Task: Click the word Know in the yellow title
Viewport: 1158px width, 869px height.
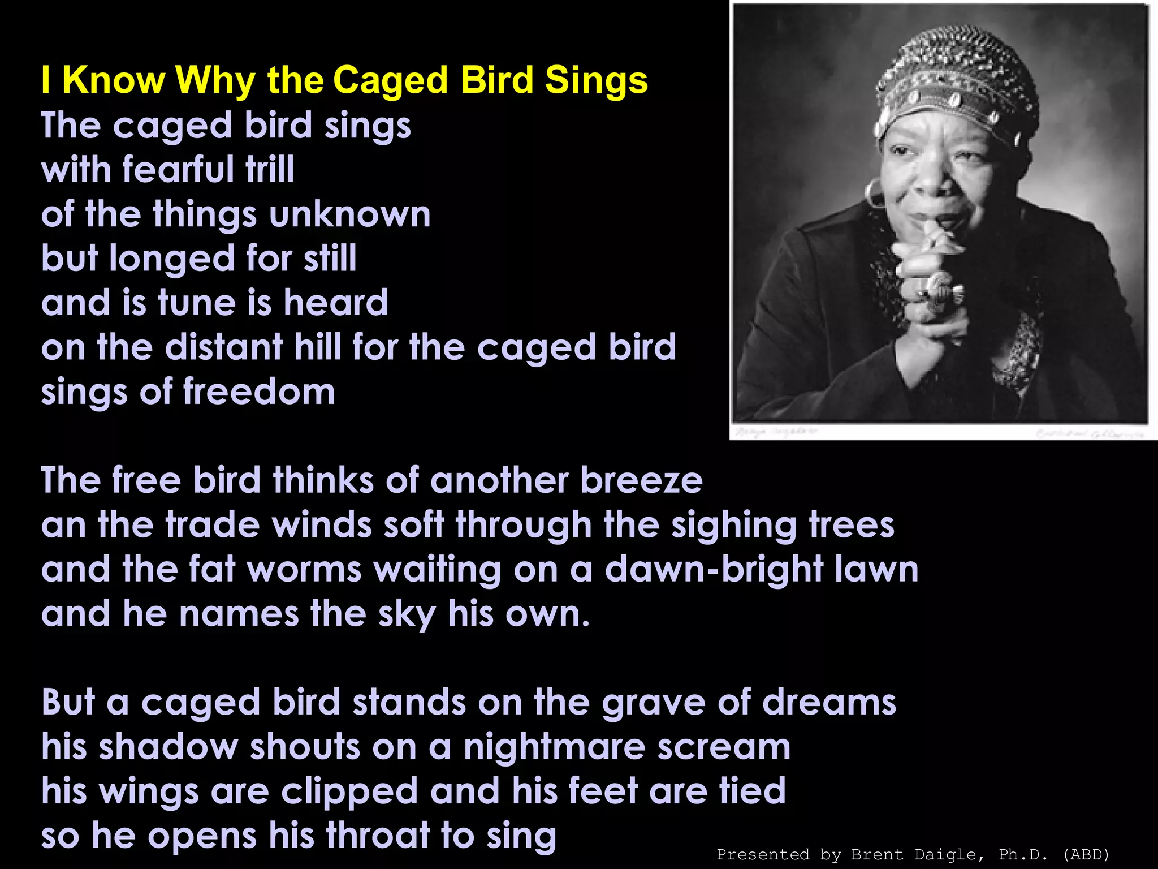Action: [113, 80]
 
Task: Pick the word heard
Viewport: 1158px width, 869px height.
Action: [336, 303]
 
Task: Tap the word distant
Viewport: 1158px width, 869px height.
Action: [223, 347]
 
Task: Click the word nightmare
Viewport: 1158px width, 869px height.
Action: [554, 747]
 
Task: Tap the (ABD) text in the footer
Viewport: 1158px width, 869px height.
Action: [1086, 854]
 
